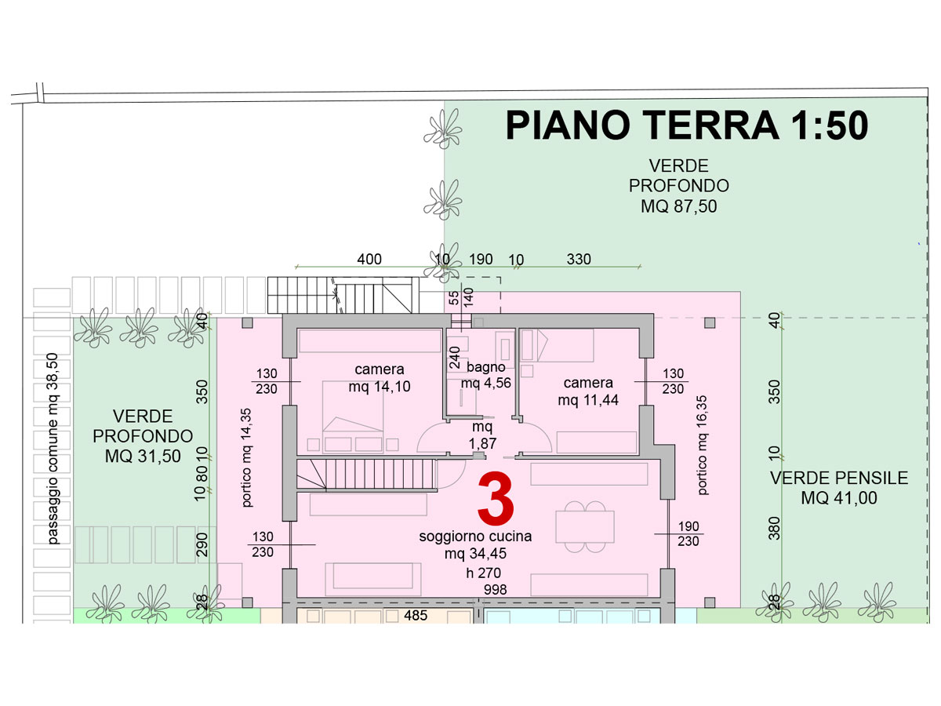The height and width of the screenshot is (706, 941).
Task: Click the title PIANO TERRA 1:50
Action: pos(687,126)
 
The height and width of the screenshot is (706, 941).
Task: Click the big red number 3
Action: pos(496,499)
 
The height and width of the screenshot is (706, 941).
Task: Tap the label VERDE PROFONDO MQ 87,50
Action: pos(678,186)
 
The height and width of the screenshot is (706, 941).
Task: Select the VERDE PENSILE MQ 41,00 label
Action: pos(839,488)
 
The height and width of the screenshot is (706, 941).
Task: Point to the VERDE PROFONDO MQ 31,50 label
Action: pos(143,436)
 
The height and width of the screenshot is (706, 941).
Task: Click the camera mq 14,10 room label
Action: pos(380,377)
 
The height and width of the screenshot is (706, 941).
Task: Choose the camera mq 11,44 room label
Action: pos(588,391)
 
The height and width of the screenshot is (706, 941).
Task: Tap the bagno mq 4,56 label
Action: pos(486,375)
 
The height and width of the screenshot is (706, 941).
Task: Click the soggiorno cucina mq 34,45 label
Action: pos(475,544)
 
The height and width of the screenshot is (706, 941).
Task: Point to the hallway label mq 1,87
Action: pos(483,435)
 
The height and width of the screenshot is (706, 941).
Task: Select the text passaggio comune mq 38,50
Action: pos(53,449)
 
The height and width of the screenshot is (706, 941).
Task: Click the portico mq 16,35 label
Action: pos(702,445)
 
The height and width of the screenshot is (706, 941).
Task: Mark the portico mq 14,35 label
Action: pos(246,458)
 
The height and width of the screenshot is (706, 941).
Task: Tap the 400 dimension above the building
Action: pos(369,259)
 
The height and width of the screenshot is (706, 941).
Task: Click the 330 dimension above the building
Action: pos(579,259)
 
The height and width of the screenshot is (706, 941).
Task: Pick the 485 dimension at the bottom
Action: pos(416,615)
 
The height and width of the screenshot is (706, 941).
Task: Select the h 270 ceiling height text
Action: pos(484,573)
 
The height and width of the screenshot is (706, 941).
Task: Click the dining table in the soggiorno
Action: pos(585,527)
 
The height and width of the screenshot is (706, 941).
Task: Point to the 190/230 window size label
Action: pos(688,533)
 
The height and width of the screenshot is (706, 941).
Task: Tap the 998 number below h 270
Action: pos(495,589)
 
